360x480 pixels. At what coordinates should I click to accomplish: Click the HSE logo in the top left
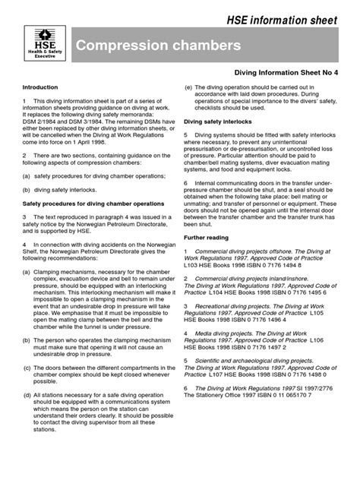pyautogui.click(x=46, y=46)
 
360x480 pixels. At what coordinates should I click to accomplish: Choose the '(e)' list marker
pyautogui.click(x=188, y=88)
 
